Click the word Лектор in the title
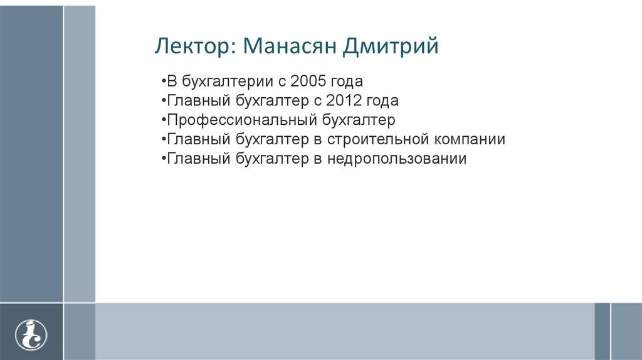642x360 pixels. click(x=192, y=47)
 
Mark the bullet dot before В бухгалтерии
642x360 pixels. click(x=163, y=82)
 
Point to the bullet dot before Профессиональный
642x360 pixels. click(x=163, y=120)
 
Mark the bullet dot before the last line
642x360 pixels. click(x=163, y=159)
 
